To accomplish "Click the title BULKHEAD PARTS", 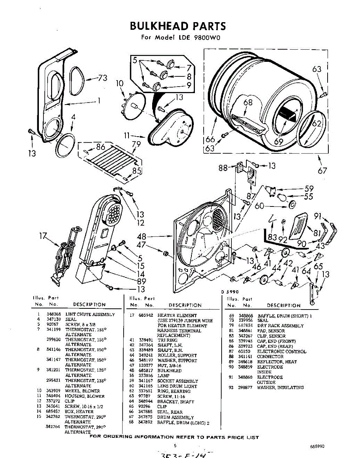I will click(178, 26).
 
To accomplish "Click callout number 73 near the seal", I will click(102, 78).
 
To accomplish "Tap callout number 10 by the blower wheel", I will click(120, 83).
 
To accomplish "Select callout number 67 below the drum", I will click(323, 170).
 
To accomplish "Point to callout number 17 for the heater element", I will click(44, 237).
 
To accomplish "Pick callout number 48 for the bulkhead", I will click(141, 237).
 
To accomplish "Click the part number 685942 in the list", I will click(146, 316).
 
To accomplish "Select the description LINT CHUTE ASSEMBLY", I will click(90, 314).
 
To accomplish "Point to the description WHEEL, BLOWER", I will click(82, 391).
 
